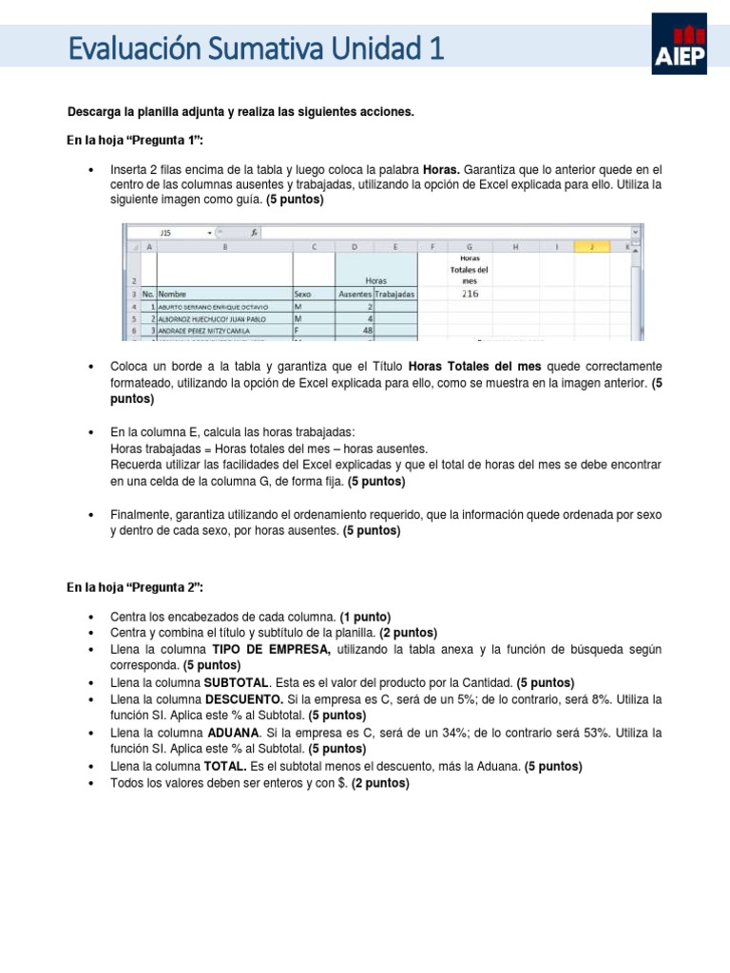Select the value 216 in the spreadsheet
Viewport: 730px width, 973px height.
coord(470,294)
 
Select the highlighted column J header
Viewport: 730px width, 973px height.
coord(590,246)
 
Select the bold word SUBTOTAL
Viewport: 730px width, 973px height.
coord(237,682)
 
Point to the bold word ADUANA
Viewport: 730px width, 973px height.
coord(232,734)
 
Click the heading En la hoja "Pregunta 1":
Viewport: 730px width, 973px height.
coord(136,141)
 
